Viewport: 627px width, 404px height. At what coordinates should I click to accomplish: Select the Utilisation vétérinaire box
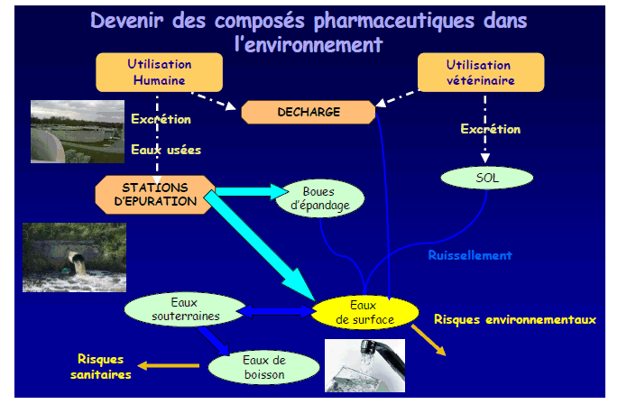click(480, 73)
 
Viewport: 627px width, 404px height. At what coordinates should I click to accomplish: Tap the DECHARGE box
click(309, 112)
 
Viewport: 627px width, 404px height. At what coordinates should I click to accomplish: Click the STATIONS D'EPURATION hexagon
click(154, 194)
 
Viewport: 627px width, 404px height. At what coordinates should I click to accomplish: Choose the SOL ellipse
click(487, 179)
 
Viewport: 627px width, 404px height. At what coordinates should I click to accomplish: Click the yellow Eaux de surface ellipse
click(364, 311)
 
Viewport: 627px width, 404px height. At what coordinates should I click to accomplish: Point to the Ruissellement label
click(470, 255)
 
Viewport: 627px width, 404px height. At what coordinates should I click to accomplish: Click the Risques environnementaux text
click(515, 319)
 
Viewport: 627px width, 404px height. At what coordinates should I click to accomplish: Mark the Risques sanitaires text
click(101, 365)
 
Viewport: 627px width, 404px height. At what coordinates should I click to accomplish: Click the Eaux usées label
click(165, 150)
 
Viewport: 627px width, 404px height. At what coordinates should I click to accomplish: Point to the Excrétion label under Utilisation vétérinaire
click(490, 130)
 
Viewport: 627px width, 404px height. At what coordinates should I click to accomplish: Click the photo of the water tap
click(373, 366)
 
